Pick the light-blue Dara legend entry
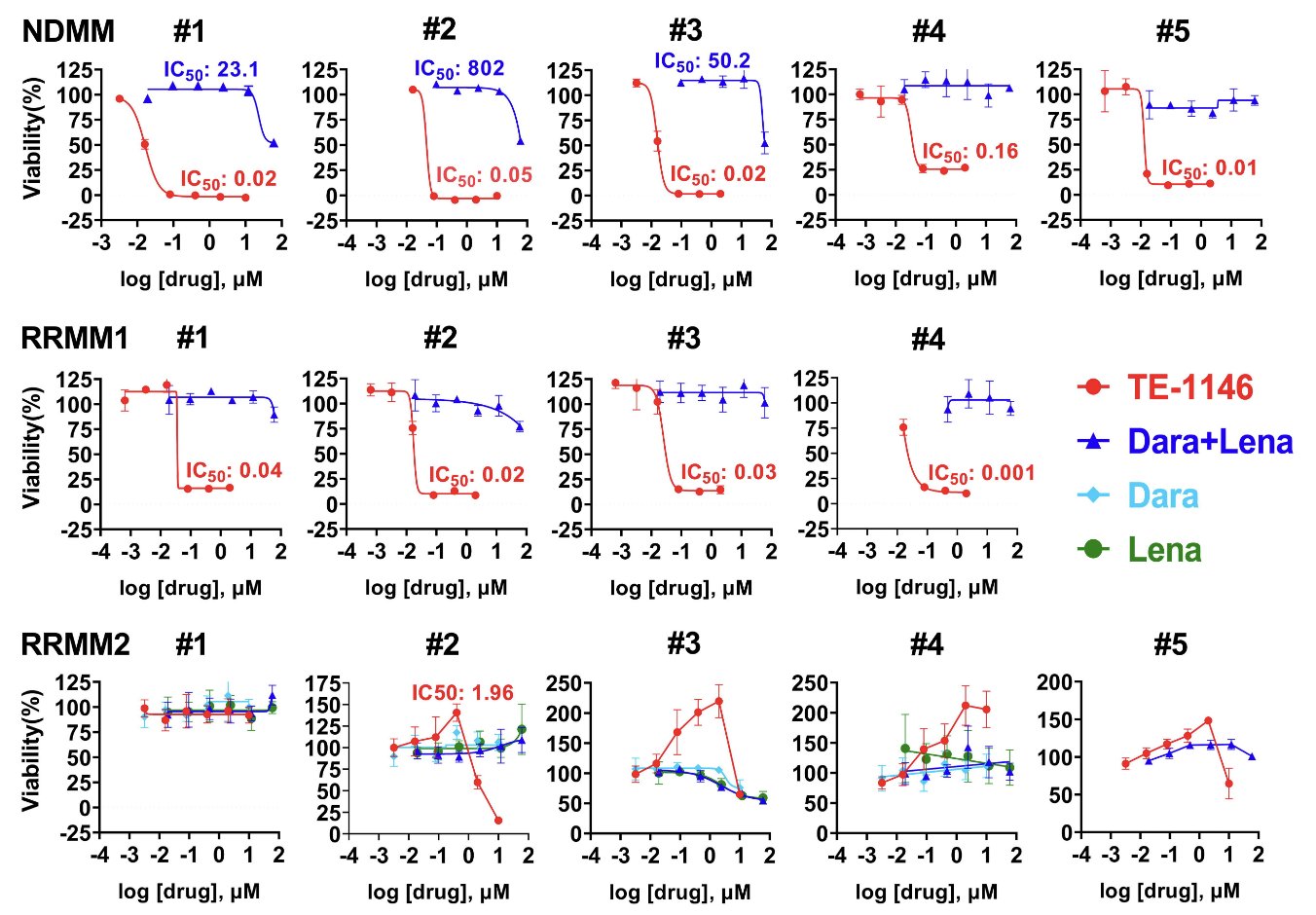(x=1162, y=495)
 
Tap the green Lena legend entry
(x=1164, y=550)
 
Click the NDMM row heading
(x=68, y=31)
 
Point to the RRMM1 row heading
(x=74, y=339)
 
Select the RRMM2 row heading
(x=75, y=645)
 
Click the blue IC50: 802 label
(x=459, y=69)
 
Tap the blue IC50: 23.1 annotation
(x=211, y=70)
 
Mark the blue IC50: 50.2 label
(x=703, y=61)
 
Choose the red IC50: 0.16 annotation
(x=969, y=152)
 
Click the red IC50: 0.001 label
(x=980, y=474)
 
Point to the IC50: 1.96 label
(x=462, y=693)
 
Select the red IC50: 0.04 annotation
(x=234, y=471)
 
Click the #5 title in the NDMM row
(x=1172, y=32)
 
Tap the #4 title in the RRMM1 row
(x=928, y=339)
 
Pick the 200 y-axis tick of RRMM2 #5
(x=1054, y=682)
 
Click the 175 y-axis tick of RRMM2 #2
(x=322, y=684)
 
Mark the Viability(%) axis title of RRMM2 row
(x=32, y=750)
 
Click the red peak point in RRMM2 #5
(x=1208, y=721)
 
